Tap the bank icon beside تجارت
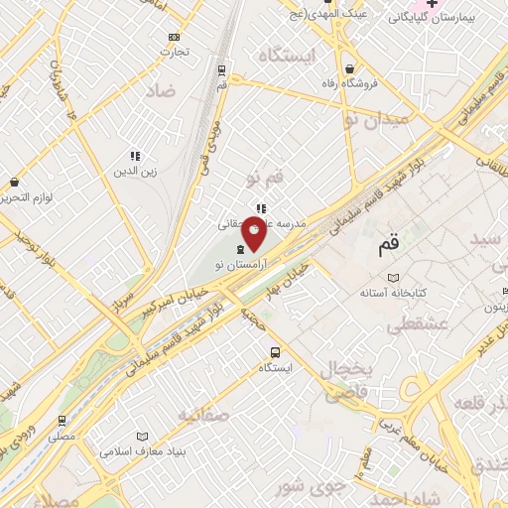[x=175, y=37]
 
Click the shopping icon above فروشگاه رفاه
[x=350, y=68]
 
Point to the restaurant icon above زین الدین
[x=135, y=156]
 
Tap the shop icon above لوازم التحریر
[x=14, y=183]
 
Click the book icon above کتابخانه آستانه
[x=394, y=279]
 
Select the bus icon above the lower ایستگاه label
[x=274, y=352]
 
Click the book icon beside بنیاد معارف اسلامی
[x=142, y=437]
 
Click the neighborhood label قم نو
[x=264, y=179]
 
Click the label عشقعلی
[x=416, y=323]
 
